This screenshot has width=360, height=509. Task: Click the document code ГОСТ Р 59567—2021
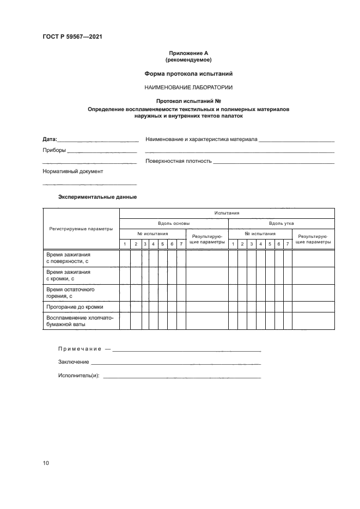pos(72,37)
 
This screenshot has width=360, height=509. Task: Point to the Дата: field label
pos(50,140)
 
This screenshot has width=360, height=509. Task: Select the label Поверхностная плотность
pos(179,161)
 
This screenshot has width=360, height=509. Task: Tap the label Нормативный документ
pos(72,171)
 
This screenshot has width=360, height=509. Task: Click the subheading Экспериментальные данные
pos(97,197)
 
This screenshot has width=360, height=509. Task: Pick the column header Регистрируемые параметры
pos(81,229)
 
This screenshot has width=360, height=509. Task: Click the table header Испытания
pos(227,213)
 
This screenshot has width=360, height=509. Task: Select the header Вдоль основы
pos(174,223)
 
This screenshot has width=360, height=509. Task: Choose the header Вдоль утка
pos(281,223)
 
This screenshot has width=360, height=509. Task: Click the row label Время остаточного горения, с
pos(70,293)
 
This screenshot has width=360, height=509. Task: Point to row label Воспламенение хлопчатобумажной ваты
pos(80,321)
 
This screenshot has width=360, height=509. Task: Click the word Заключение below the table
pos(74,362)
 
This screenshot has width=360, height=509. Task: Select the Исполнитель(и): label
pos(78,376)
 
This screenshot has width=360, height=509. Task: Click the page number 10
pos(46,463)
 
